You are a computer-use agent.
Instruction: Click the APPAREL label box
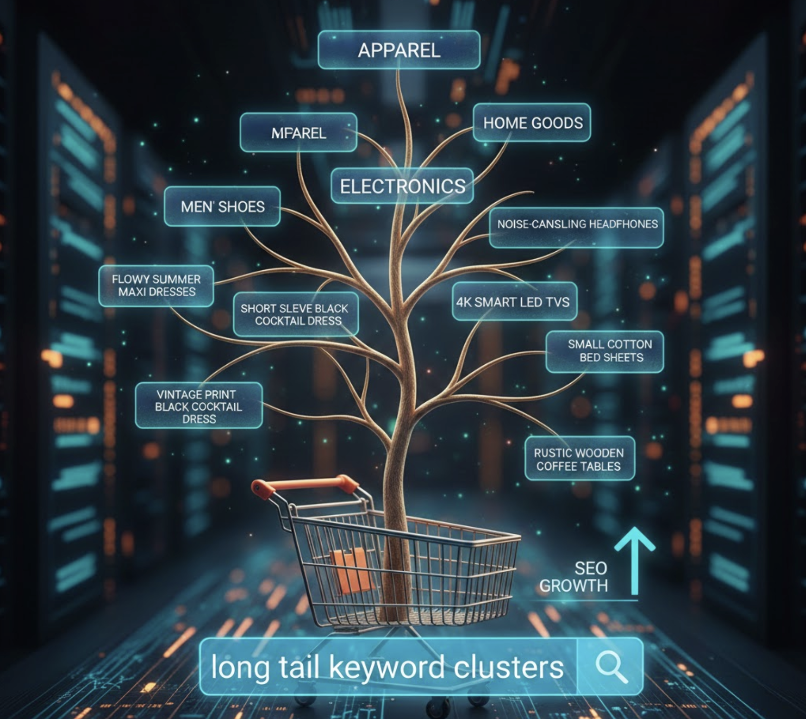point(399,50)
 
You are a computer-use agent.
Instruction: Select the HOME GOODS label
point(532,123)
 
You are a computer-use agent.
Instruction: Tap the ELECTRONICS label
point(402,186)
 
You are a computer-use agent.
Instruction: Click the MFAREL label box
point(298,133)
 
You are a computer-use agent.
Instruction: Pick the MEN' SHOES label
point(222,207)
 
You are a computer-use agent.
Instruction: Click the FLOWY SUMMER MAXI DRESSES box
point(156,285)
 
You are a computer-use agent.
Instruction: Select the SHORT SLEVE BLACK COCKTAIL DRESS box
point(295,314)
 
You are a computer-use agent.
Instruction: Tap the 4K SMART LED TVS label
point(514,302)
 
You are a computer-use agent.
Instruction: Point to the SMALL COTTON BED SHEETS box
point(605,351)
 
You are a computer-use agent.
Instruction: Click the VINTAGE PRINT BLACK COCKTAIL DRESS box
point(199,406)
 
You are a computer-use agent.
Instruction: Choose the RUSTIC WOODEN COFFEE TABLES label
point(579,459)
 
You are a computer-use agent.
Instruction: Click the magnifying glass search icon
point(611,666)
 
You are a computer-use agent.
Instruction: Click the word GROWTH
point(574,586)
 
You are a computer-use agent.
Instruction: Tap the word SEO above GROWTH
point(590,568)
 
